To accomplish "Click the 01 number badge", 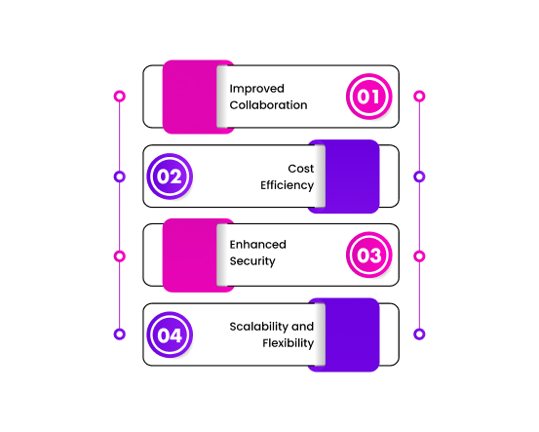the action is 368,97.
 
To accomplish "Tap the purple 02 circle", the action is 170,177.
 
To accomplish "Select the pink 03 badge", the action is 368,255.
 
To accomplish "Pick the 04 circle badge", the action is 170,334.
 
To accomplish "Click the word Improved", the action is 256,89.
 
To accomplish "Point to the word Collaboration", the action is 268,105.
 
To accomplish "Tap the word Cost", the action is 301,169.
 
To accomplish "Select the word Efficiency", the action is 287,185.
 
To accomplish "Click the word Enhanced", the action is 258,245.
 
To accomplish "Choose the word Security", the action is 252,261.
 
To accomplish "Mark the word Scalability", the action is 259,327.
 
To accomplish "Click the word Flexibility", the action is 289,343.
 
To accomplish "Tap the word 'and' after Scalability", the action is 302,327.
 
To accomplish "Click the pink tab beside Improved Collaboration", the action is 190,97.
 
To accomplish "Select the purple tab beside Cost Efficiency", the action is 352,177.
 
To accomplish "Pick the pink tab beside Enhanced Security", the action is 190,255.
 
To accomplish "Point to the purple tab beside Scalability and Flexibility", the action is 352,334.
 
